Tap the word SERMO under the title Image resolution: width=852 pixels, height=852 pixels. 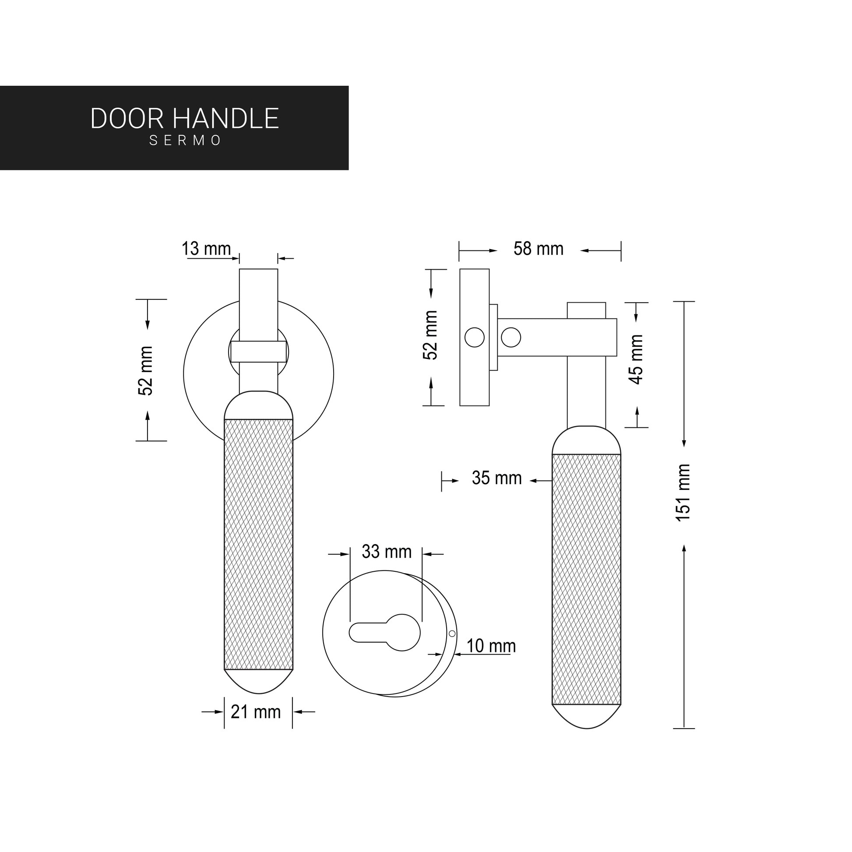tap(185, 140)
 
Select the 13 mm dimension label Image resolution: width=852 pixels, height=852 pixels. tap(206, 249)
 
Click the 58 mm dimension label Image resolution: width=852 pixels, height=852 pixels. tap(539, 249)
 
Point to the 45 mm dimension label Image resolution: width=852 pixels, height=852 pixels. tap(636, 359)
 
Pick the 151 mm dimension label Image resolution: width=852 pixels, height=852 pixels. tap(683, 493)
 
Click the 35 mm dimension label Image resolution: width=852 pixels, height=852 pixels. tap(496, 478)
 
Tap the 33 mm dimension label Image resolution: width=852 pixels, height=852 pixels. tap(386, 552)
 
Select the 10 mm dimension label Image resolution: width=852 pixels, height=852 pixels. tap(491, 646)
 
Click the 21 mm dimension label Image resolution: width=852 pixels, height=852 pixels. tap(255, 712)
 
